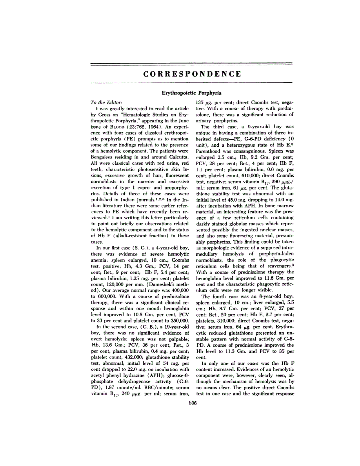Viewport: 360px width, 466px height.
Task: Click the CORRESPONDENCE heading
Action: [x=192, y=74]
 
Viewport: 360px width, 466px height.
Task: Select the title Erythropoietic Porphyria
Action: [x=192, y=93]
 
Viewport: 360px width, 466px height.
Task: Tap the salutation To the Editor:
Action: [x=101, y=102]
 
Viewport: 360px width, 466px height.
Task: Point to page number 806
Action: [x=192, y=403]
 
